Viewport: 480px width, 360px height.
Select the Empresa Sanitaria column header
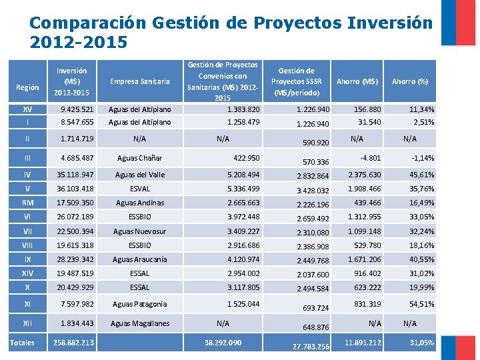coord(140,81)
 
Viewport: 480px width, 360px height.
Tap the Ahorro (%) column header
coord(410,81)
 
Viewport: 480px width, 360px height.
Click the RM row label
coord(27,203)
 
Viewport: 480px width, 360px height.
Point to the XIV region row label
coord(27,273)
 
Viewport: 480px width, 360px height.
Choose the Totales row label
coord(24,343)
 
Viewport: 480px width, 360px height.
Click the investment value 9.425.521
coord(77,109)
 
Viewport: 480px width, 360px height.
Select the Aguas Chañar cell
coord(139,158)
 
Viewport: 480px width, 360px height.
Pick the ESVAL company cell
coord(140,189)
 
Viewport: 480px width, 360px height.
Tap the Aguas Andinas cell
coord(140,203)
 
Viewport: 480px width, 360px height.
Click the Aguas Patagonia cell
coord(140,304)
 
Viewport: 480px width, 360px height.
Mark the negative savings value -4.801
coord(370,158)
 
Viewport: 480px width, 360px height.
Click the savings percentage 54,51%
coord(421,304)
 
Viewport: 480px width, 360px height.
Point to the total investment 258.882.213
coord(73,343)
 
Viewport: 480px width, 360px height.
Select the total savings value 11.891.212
coord(363,343)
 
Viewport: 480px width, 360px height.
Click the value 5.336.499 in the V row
coord(243,189)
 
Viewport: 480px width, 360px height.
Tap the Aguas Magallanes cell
coord(140,323)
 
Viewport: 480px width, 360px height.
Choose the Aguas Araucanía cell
coord(140,259)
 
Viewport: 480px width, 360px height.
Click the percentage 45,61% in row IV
coord(421,175)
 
